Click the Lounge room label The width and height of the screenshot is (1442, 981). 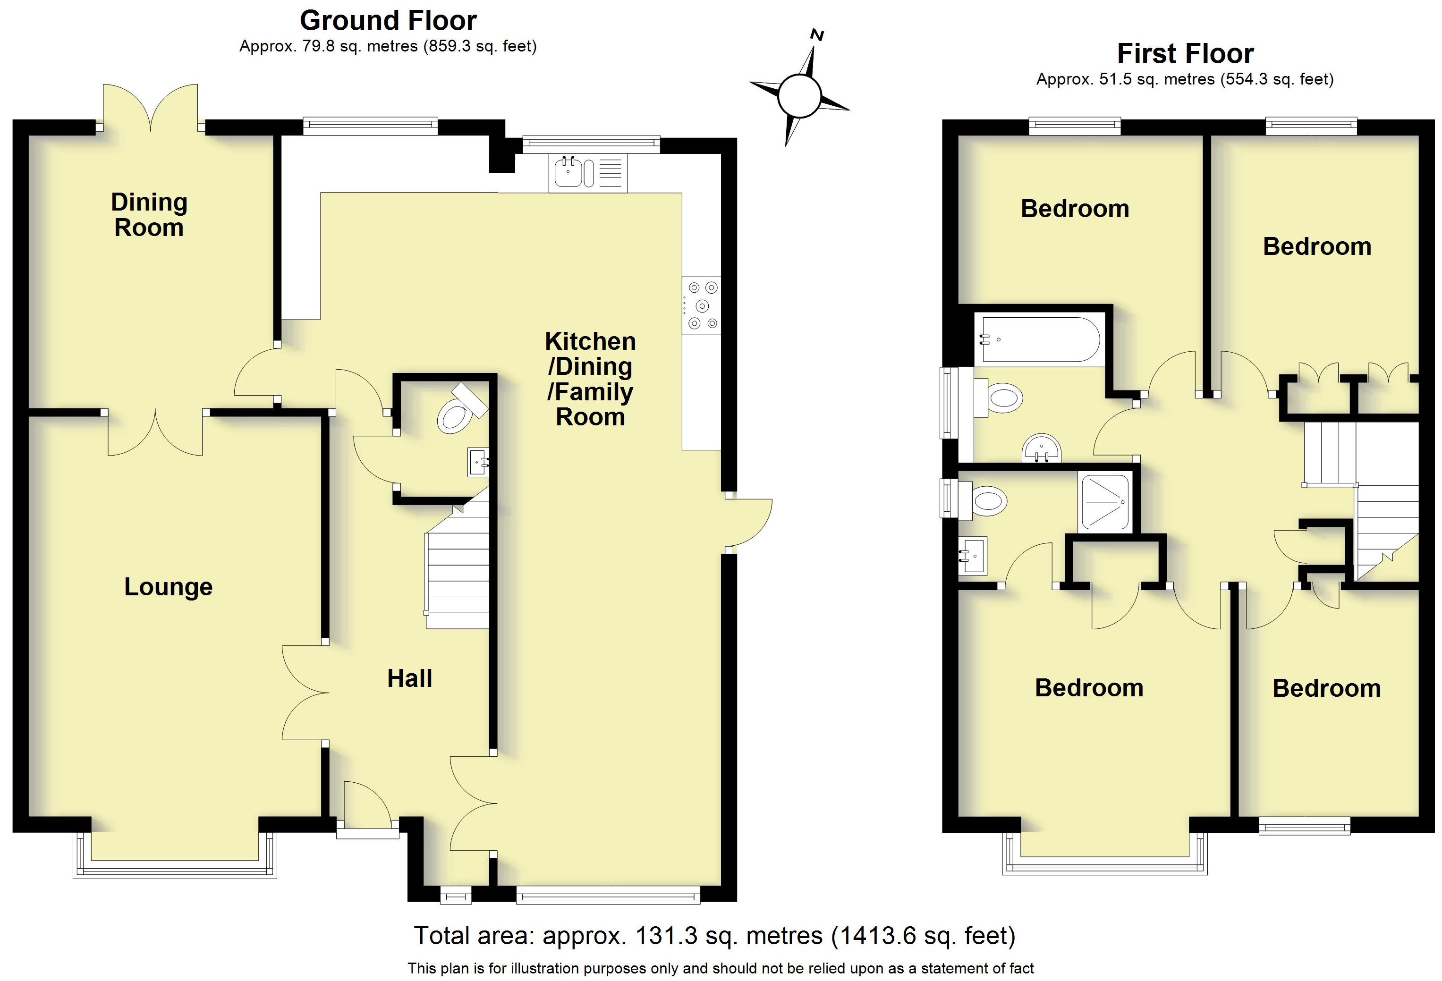168,587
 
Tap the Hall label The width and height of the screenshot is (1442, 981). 409,678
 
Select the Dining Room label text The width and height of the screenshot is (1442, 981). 149,215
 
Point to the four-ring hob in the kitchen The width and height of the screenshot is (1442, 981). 702,305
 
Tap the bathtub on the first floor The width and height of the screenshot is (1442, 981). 1037,339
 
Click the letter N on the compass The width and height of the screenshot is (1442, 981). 818,35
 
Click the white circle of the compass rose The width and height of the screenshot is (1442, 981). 799,95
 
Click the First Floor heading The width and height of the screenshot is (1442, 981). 1185,53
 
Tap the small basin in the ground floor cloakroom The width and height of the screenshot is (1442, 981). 478,462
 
